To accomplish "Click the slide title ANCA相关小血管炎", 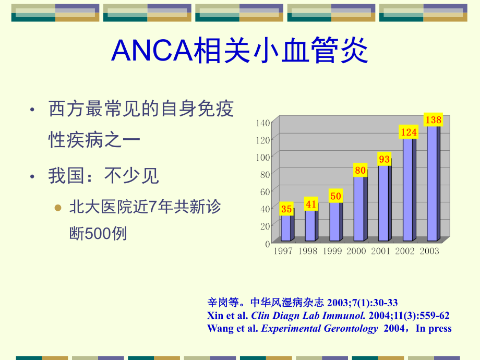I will (240, 51).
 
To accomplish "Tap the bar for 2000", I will (359, 209).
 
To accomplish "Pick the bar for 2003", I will (433, 183).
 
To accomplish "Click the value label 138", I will (433, 121).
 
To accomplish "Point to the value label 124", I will (409, 133).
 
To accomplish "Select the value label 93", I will (385, 159).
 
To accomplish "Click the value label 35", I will (286, 209).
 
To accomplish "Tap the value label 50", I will (335, 197).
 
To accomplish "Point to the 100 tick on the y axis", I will (263, 157).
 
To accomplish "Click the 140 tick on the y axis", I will (263, 123).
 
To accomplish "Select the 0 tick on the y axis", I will (267, 243).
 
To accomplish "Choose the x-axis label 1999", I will (332, 251).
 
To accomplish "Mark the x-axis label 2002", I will (405, 251).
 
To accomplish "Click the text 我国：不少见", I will (104, 176).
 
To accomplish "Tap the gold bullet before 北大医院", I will (58, 207).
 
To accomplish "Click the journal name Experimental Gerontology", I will (319, 329).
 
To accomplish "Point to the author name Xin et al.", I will (227, 316).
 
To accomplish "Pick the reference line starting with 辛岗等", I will (302, 303).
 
